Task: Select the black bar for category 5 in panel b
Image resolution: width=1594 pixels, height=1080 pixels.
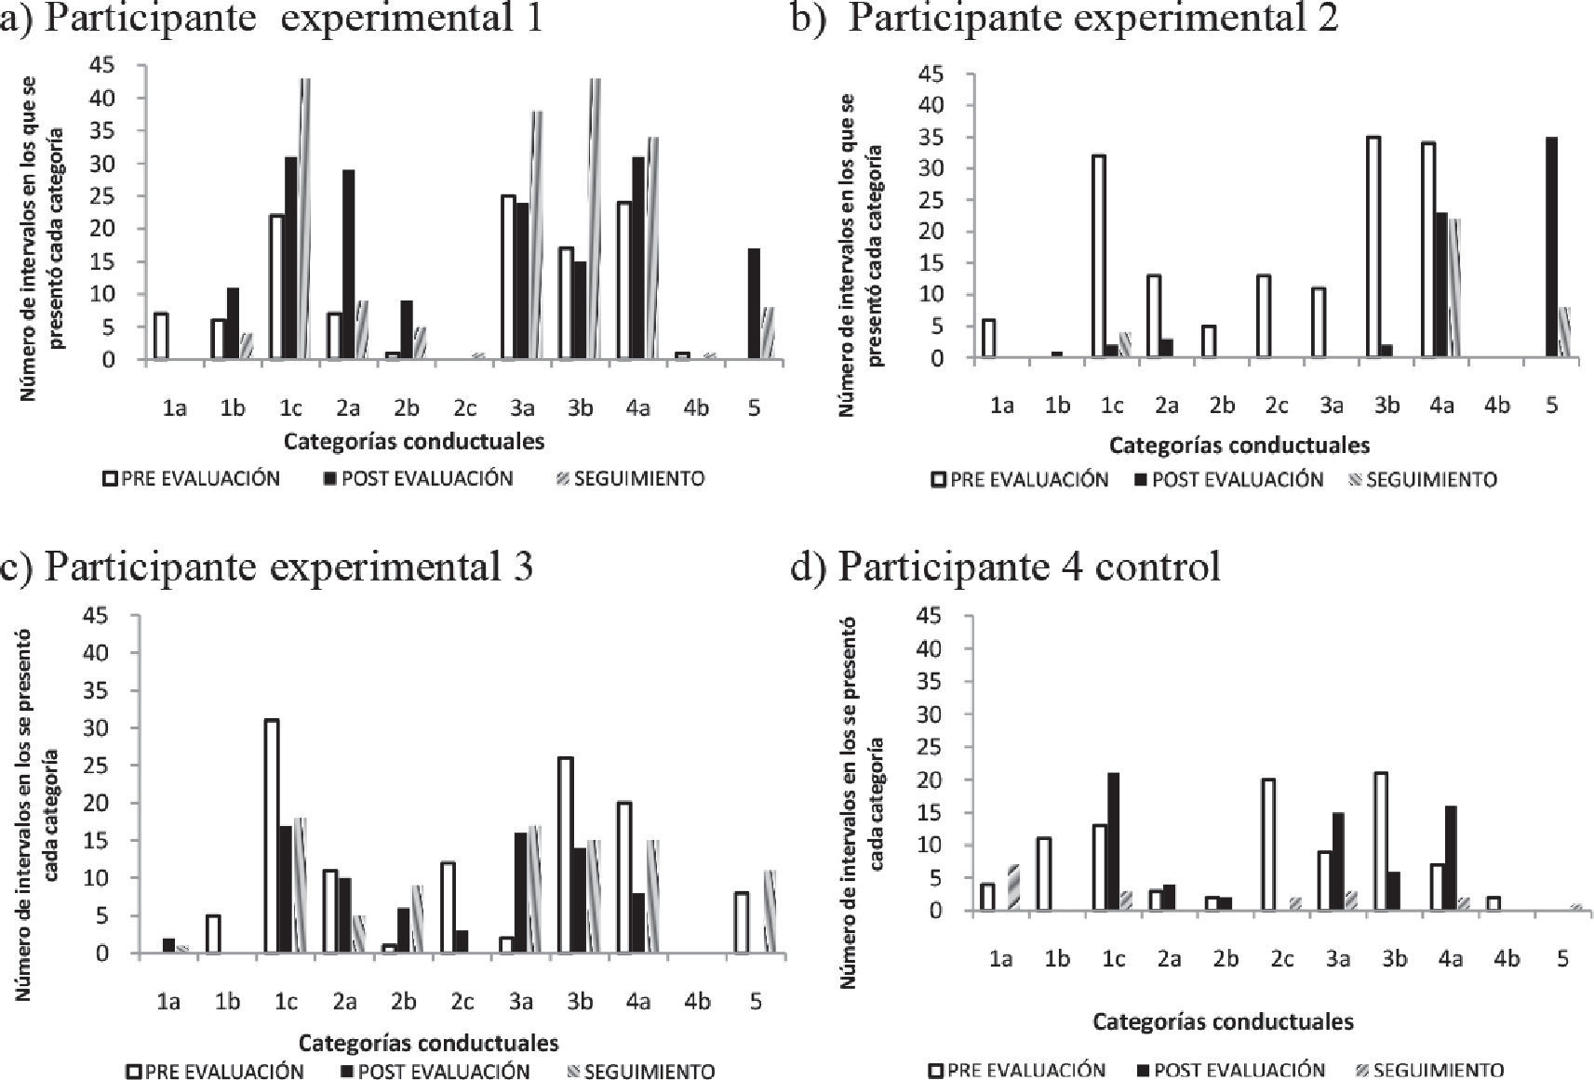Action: pyautogui.click(x=1550, y=247)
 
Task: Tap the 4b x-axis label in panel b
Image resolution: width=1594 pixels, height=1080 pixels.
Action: pyautogui.click(x=1496, y=405)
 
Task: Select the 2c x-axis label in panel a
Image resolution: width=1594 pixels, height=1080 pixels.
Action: pyautogui.click(x=463, y=407)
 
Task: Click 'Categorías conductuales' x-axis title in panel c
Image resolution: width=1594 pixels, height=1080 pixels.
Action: pyautogui.click(x=429, y=1041)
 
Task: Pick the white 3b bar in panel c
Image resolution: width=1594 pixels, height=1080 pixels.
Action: pyautogui.click(x=564, y=855)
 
